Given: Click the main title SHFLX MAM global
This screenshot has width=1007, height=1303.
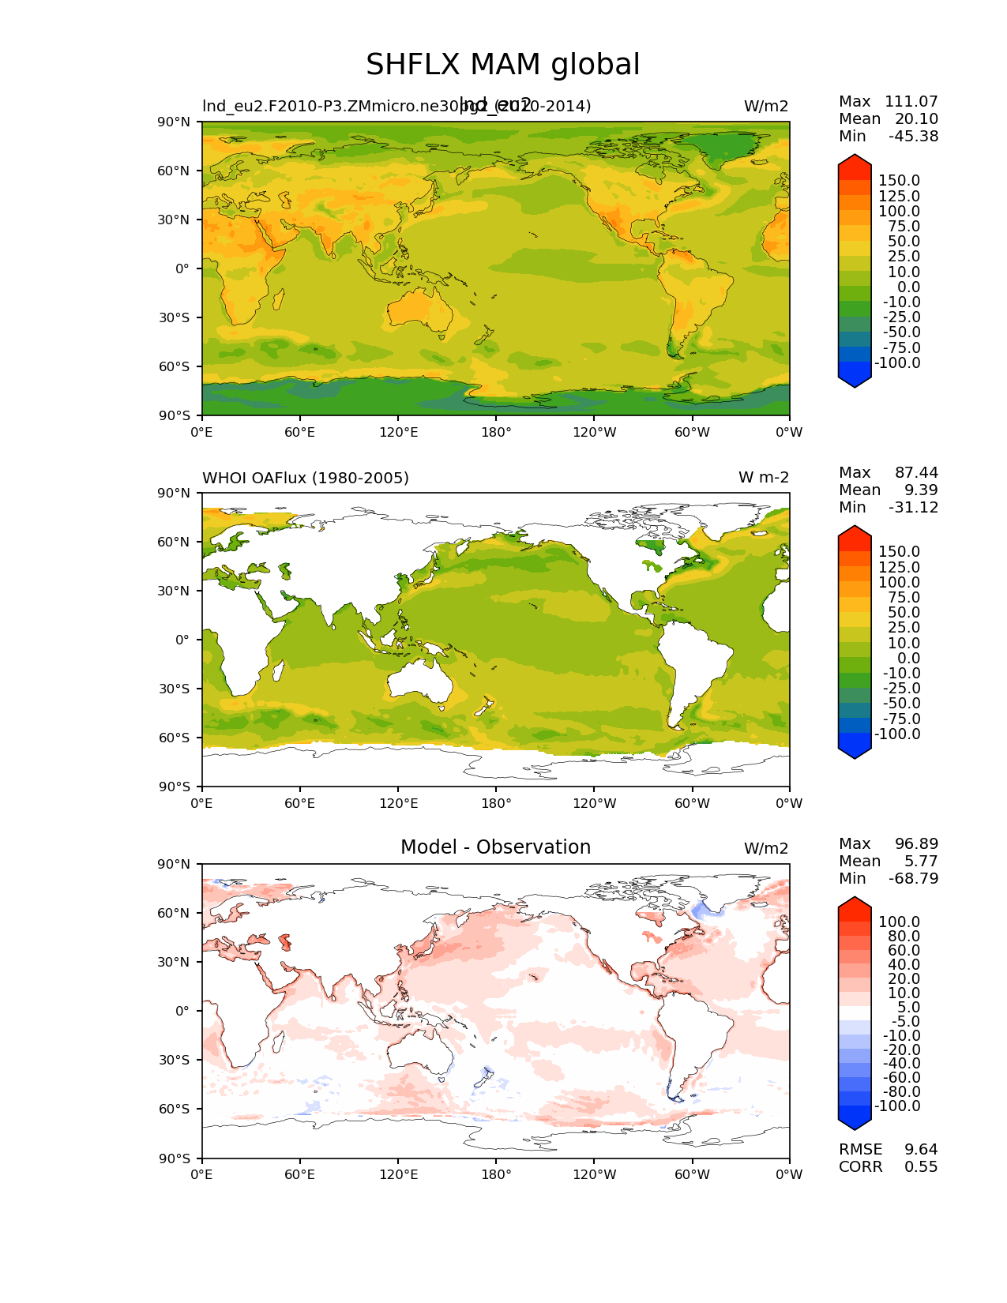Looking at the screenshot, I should [502, 65].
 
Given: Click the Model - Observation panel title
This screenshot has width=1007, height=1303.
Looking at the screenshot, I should [495, 847].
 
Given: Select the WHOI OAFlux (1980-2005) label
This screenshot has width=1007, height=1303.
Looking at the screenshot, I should [306, 478].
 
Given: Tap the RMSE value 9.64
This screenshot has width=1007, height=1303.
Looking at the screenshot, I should [921, 1149].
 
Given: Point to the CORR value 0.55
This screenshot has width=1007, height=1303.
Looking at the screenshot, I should [921, 1166].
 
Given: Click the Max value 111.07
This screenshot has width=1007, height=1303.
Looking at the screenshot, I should [911, 101].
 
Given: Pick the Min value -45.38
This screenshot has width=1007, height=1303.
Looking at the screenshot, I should [913, 136].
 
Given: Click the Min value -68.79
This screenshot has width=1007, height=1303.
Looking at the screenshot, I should [913, 878].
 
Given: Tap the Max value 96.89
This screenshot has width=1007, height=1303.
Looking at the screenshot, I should [916, 843].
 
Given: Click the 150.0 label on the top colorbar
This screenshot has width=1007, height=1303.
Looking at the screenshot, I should [899, 181].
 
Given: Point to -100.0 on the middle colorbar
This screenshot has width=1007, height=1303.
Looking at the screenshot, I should [897, 734].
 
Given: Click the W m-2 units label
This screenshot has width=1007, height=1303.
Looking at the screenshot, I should [763, 478].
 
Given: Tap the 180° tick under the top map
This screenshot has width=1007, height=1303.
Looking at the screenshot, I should [496, 432].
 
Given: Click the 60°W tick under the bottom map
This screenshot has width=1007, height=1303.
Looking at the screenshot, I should [692, 1174].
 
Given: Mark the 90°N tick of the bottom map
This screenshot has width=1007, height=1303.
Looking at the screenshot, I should [175, 864].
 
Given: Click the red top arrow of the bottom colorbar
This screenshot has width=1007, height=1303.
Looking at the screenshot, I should [855, 905].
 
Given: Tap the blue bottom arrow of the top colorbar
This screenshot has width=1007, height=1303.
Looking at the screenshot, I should [855, 378].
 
